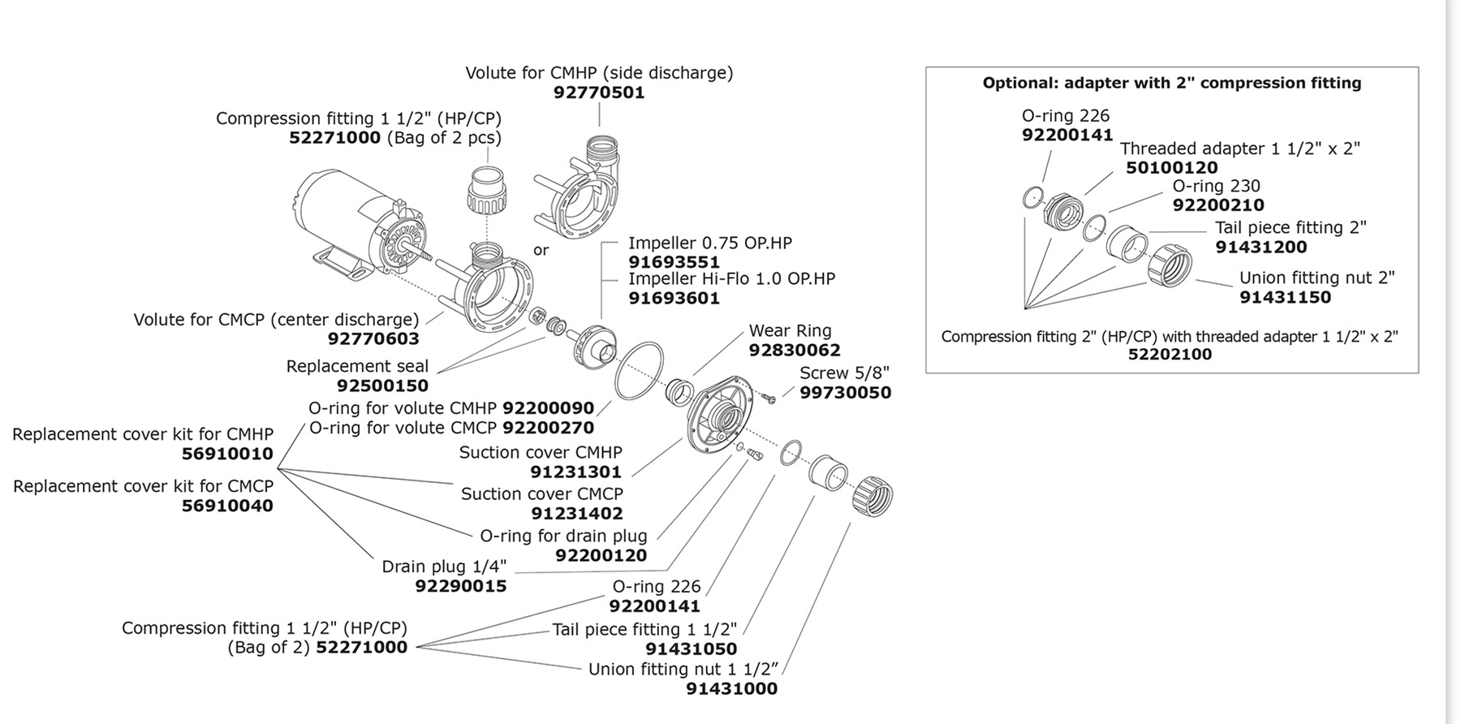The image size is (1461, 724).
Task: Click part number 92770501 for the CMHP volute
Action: tap(599, 93)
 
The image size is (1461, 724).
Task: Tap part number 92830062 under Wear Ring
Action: tap(794, 351)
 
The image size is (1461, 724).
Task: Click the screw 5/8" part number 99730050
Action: tap(845, 393)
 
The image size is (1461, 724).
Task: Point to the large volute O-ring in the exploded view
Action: tap(639, 371)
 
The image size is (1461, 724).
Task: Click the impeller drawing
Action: tap(591, 346)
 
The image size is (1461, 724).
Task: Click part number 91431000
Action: tap(731, 689)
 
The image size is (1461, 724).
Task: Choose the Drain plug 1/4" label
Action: tap(444, 567)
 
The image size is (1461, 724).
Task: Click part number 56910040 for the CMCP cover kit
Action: tap(227, 506)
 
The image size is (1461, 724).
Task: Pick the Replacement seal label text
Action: tap(357, 366)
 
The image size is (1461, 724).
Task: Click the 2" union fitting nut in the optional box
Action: tap(1170, 265)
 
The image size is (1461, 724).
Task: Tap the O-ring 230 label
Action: tap(1216, 186)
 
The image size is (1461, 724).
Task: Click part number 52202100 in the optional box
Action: tap(1170, 355)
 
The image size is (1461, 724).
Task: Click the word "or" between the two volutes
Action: tap(541, 250)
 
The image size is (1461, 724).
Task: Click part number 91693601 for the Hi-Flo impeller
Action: tap(674, 299)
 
